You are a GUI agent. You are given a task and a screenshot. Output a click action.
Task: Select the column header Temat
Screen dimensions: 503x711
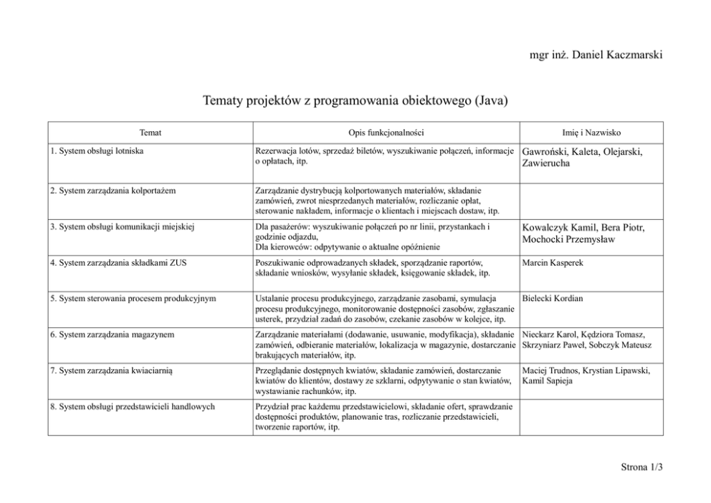pos(151,133)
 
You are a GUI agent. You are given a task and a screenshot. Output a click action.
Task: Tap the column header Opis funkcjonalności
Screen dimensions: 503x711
pos(386,133)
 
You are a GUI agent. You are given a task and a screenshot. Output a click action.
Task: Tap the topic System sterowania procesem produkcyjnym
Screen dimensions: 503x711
pos(133,298)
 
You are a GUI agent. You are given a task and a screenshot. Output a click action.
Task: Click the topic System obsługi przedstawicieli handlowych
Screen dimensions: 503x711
pos(133,407)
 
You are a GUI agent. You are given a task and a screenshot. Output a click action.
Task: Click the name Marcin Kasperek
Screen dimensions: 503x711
pos(553,263)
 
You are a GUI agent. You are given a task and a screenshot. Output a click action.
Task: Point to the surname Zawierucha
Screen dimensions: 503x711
pos(547,164)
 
